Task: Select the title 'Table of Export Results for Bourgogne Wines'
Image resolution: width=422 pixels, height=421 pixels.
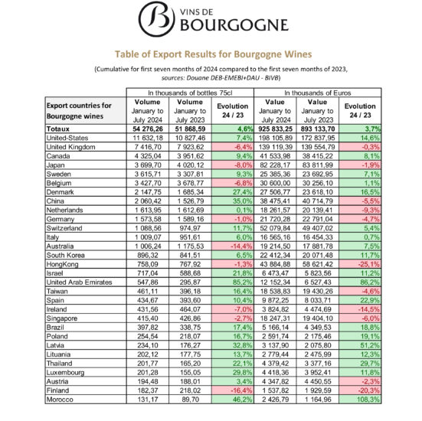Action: [x=211, y=56]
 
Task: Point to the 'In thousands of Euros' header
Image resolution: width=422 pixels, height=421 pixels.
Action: [x=322, y=93]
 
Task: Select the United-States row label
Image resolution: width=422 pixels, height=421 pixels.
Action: [x=70, y=137]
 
